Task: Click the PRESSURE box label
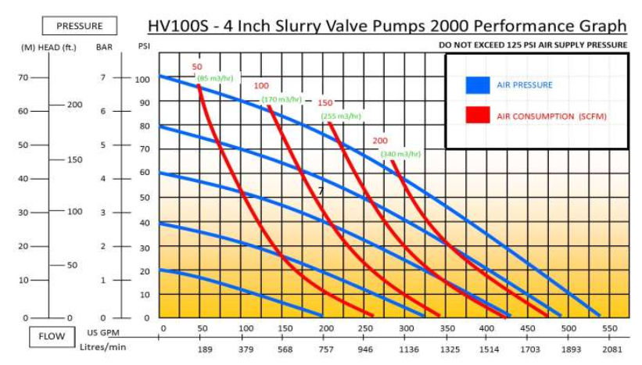[x=79, y=26]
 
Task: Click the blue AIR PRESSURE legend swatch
[x=477, y=84]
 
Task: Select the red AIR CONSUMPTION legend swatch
[x=477, y=116]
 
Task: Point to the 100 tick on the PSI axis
[x=143, y=79]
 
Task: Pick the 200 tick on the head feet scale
[x=74, y=105]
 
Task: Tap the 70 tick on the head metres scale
[x=23, y=77]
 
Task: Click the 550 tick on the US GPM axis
[x=610, y=329]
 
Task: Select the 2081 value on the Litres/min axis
[x=613, y=349]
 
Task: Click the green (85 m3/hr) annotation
[x=213, y=78]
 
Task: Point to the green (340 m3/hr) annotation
[x=400, y=154]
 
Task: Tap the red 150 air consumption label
[x=325, y=103]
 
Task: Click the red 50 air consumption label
[x=197, y=67]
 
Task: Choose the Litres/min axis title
[x=106, y=346]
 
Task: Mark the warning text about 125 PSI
[x=533, y=45]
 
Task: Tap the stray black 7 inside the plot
[x=320, y=191]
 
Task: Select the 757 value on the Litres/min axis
[x=327, y=349]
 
